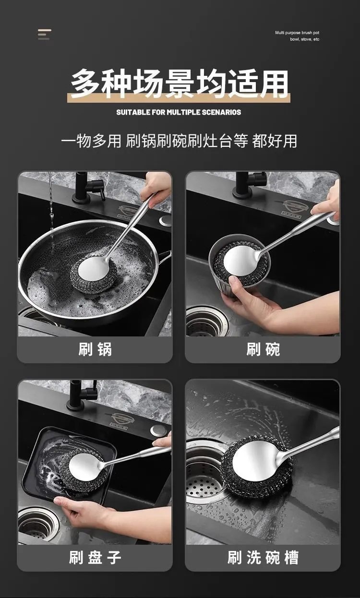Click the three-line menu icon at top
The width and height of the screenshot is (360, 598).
click(x=44, y=35)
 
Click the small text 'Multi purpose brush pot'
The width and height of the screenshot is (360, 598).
click(x=297, y=33)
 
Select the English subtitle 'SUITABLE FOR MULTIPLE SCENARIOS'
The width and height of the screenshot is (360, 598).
click(x=179, y=112)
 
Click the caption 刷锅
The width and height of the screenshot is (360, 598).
click(x=95, y=349)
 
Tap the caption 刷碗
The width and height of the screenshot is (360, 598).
click(x=263, y=349)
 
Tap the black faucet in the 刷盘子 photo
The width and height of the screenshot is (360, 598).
click(x=81, y=395)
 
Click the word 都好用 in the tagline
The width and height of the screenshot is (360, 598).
click(x=275, y=141)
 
